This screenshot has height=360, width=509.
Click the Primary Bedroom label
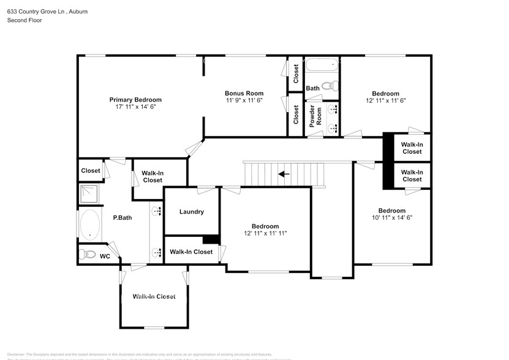(135, 99)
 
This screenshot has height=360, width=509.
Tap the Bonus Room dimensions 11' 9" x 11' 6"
(244, 100)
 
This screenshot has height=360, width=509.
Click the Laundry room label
(192, 212)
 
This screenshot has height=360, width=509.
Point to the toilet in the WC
(87, 253)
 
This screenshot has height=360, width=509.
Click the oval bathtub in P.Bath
(91, 225)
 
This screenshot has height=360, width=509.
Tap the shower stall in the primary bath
(89, 193)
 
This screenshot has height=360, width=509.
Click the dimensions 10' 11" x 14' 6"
(391, 218)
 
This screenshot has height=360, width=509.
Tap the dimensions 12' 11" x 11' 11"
(265, 233)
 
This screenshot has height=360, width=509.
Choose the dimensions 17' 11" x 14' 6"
(135, 107)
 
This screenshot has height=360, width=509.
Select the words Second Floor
(23, 20)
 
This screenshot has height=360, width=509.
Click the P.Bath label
(119, 217)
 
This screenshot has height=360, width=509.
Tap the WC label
(105, 256)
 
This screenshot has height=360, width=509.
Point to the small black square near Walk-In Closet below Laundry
(211, 240)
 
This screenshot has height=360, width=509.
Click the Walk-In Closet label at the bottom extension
(154, 296)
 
